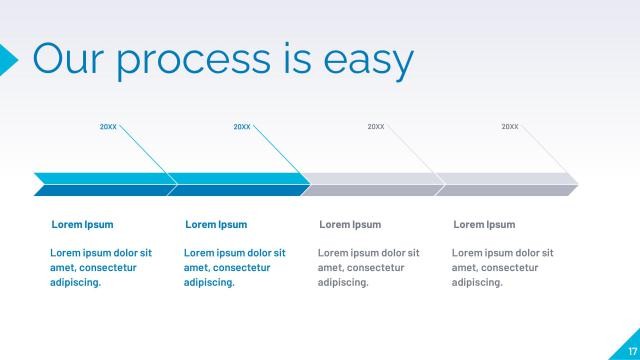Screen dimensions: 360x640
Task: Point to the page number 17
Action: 631,350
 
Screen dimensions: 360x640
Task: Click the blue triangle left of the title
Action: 7,59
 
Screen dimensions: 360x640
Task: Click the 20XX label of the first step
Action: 108,127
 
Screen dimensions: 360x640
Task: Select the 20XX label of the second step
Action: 242,127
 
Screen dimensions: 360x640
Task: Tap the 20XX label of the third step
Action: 376,127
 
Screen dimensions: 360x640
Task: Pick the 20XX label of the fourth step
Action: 510,127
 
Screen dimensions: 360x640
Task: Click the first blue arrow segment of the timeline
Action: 104,184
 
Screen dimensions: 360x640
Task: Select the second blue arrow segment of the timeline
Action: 240,184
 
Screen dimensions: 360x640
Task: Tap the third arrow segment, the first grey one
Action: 374,184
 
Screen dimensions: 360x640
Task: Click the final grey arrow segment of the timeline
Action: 508,184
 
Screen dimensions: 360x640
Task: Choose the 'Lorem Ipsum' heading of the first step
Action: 82,225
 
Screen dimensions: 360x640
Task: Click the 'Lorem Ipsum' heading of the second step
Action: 216,225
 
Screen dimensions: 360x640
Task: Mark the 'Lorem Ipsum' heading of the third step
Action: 350,225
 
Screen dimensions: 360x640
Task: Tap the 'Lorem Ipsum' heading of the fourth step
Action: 484,225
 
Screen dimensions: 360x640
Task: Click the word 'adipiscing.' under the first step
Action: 76,283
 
